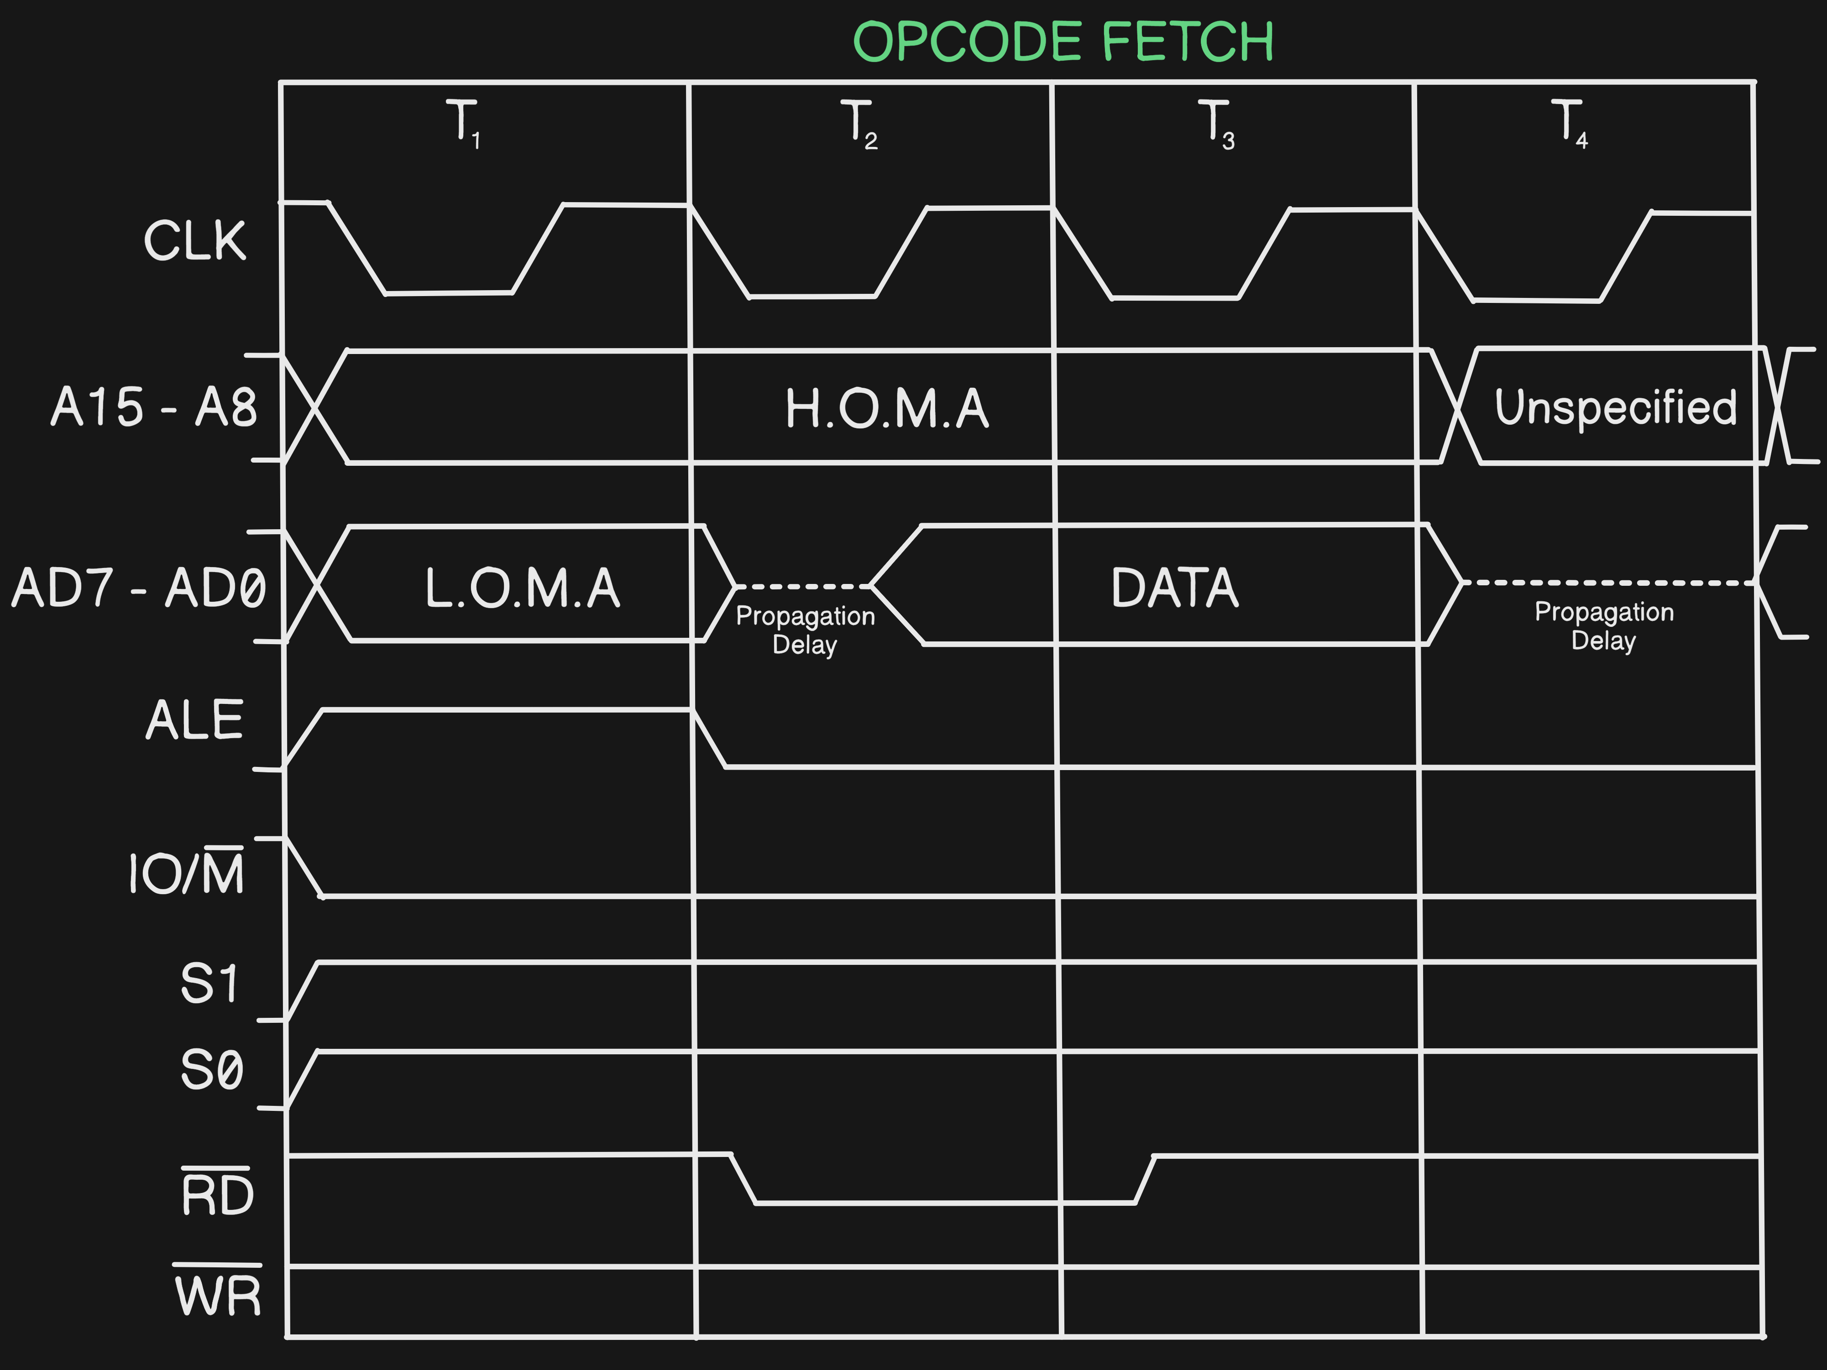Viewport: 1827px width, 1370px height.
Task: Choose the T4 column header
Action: [x=1569, y=124]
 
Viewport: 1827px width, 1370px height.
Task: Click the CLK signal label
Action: [x=195, y=241]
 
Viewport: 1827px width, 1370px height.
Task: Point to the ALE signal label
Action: [x=195, y=720]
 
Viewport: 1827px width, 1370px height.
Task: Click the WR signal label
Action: [x=218, y=1294]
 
